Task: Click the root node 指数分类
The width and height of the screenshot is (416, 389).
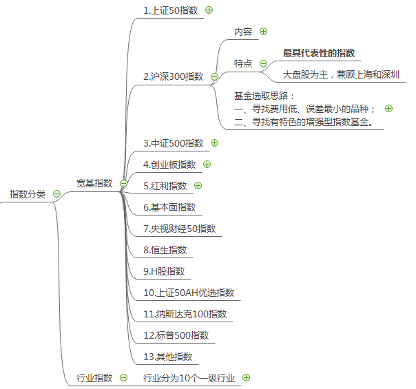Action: tap(28, 194)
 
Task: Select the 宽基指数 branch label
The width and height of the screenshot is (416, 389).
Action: tap(94, 183)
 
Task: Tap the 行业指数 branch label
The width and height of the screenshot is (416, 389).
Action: tap(94, 378)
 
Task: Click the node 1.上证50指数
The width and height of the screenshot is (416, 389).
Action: tap(171, 10)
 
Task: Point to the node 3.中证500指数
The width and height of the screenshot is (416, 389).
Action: tap(173, 143)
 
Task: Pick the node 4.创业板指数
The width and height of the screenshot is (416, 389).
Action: tap(169, 165)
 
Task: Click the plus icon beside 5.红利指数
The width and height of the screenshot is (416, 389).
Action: tap(198, 185)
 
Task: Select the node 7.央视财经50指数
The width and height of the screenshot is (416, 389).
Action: tap(179, 229)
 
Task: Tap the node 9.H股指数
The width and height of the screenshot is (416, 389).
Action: tap(164, 271)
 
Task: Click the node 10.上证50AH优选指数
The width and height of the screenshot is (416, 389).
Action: tap(189, 293)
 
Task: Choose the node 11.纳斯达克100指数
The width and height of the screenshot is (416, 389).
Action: tap(185, 315)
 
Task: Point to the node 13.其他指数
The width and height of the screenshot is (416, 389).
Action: tap(167, 357)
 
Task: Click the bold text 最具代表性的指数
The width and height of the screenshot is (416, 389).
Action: tap(319, 53)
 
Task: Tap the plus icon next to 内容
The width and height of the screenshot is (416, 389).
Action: tap(263, 32)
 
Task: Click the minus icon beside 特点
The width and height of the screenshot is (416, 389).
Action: tap(263, 63)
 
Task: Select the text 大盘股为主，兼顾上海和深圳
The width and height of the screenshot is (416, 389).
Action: tap(342, 74)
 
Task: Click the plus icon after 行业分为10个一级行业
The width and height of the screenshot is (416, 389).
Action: tap(246, 377)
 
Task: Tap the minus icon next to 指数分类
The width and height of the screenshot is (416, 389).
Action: tap(56, 194)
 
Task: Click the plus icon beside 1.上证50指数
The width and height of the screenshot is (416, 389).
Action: tap(209, 10)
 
